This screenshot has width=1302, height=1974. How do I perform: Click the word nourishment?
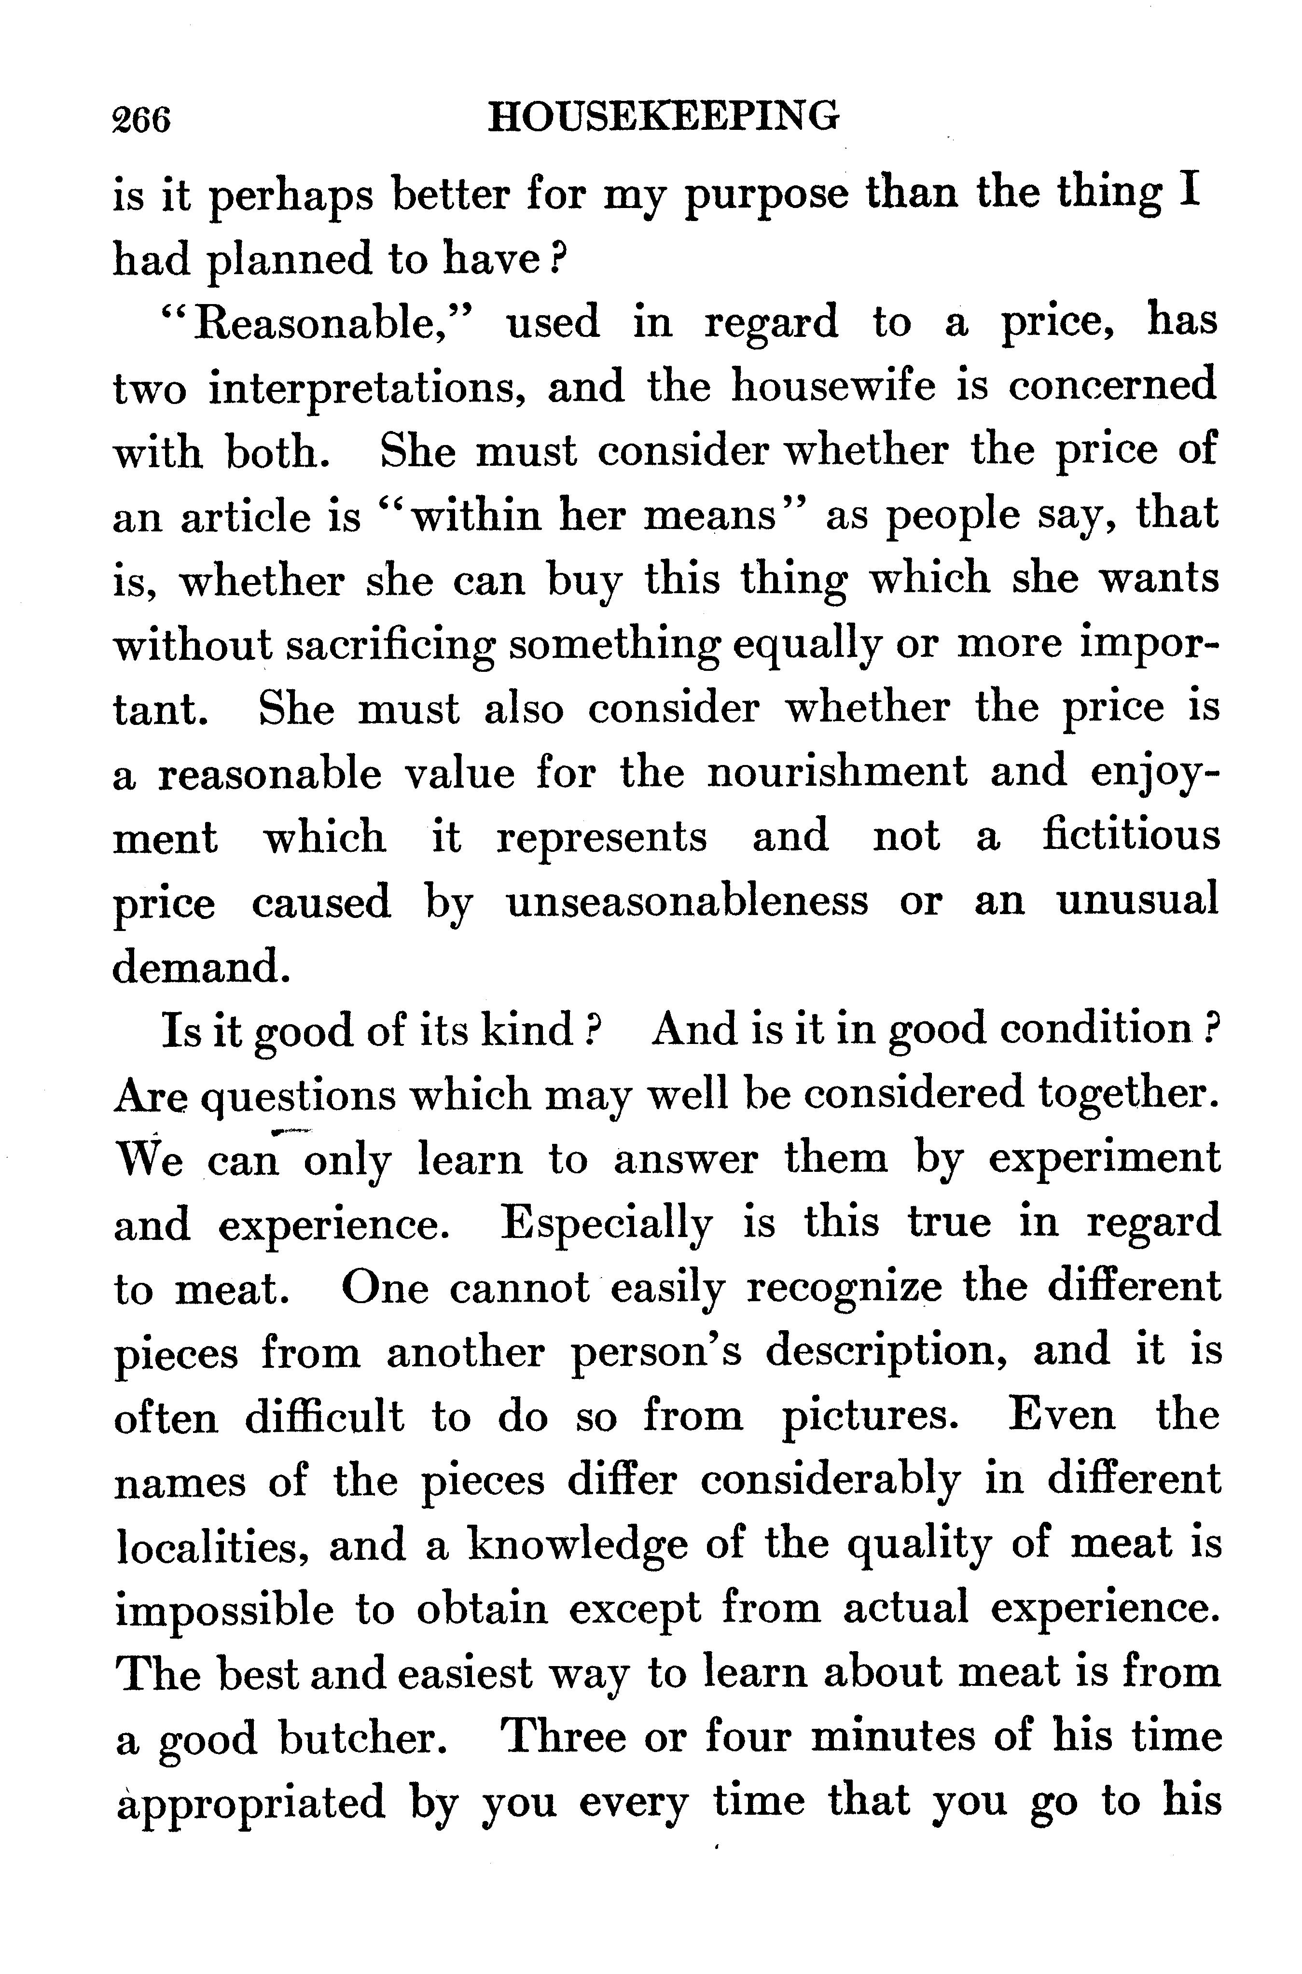pyautogui.click(x=836, y=772)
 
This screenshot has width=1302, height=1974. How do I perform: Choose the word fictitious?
pyautogui.click(x=1131, y=837)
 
